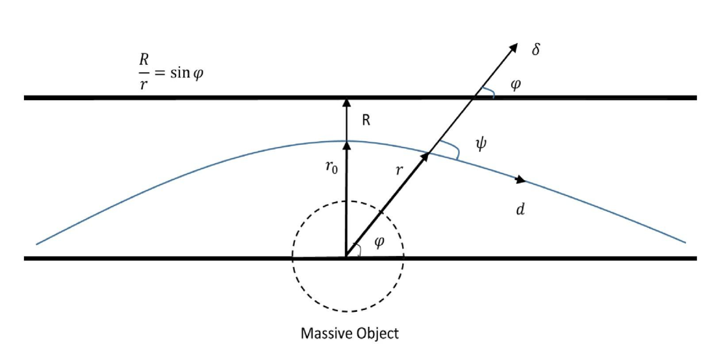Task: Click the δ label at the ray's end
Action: (x=536, y=49)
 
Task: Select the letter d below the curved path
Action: (x=520, y=211)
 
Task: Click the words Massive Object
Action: (x=349, y=335)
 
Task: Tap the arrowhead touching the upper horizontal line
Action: (x=346, y=103)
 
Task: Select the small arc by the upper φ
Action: (x=494, y=95)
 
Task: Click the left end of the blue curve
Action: (x=37, y=244)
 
